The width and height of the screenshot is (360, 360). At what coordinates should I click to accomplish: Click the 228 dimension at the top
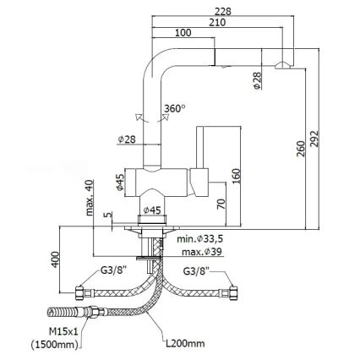pos(222,11)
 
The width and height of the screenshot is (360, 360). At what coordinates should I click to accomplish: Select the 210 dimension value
pos(217,22)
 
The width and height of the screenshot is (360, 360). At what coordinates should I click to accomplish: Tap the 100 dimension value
pos(183,33)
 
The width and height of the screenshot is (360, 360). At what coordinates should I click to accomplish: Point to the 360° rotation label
pos(175,108)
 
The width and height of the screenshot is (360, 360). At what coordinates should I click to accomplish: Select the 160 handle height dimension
pos(236,176)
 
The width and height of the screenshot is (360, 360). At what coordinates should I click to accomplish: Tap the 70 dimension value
pos(221,204)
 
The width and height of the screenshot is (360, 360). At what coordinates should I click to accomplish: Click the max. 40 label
pos(90,198)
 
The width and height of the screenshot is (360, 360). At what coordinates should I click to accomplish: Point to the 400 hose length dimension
pos(56,259)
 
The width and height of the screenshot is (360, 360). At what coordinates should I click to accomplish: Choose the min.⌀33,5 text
pos(200,239)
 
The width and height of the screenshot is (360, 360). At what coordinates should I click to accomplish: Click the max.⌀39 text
pos(202,252)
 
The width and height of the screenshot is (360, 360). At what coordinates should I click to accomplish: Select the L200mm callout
pos(185,344)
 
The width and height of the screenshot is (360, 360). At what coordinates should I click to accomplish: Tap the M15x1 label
pos(63,332)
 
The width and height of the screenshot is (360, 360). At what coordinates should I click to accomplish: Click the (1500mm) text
pos(54,344)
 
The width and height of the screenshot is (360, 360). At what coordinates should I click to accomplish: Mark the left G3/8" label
pos(114,271)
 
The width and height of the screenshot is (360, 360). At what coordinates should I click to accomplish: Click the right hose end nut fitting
pos(234,293)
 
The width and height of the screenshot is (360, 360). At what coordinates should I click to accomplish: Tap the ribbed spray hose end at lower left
pos(65,313)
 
